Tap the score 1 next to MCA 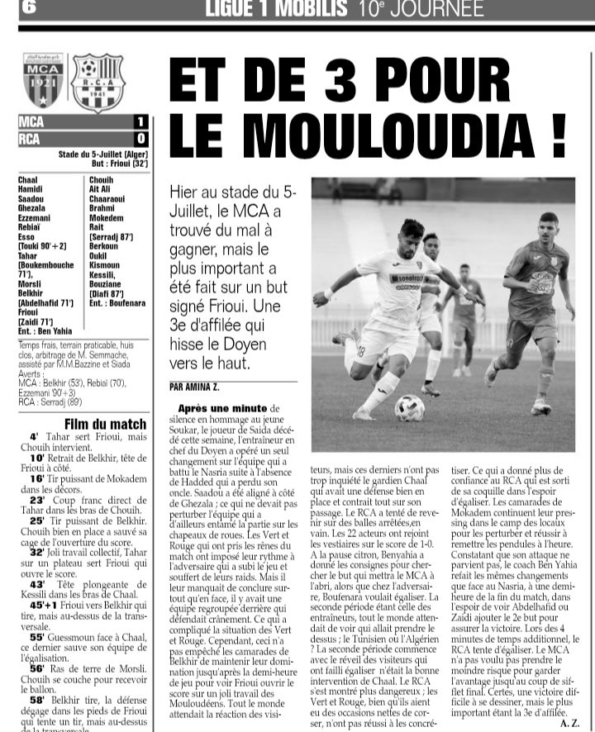[x=140, y=122]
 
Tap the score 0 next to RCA [x=140, y=139]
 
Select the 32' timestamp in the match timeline [x=36, y=549]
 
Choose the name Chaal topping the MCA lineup [x=28, y=179]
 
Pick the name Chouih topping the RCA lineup [x=101, y=179]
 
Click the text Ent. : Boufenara [x=118, y=303]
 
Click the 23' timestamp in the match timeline [x=36, y=500]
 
